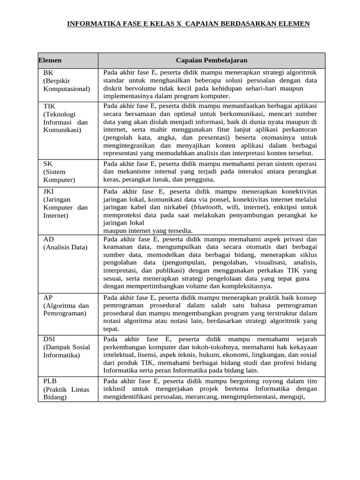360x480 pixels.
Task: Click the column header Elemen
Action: point(50,60)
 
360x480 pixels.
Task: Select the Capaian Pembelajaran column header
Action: point(211,60)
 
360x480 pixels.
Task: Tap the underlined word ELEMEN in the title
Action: point(294,23)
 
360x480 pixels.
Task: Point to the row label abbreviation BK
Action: point(48,73)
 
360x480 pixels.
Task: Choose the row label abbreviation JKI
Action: point(49,192)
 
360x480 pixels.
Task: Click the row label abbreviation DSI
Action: point(50,338)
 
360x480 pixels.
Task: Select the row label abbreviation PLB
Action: point(50,382)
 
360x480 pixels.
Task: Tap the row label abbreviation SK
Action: point(48,164)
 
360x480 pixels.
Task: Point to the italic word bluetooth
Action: point(206,207)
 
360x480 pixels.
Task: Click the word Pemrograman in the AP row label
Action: point(65,313)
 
